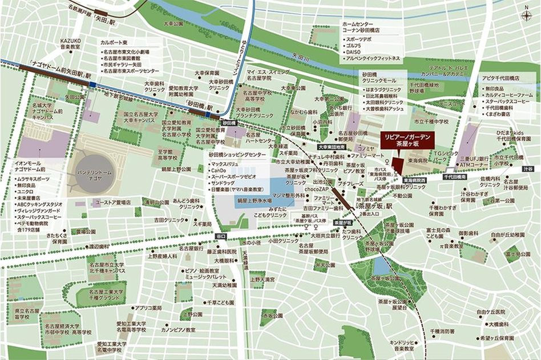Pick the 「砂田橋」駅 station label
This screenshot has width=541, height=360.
tap(199, 107)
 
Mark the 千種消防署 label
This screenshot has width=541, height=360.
tap(442, 331)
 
